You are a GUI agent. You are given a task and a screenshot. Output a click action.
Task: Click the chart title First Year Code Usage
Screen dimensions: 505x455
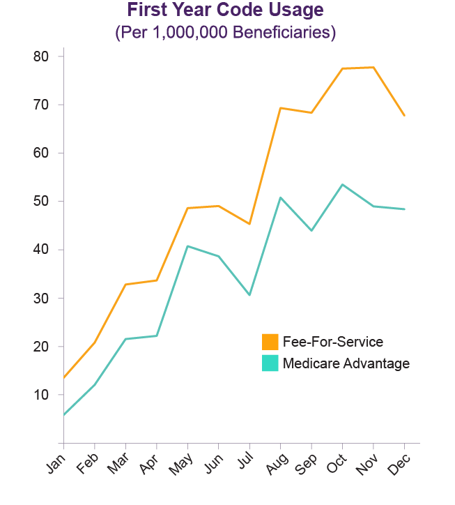click(x=225, y=11)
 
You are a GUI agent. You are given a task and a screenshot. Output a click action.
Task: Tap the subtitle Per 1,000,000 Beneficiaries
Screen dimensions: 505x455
click(x=225, y=33)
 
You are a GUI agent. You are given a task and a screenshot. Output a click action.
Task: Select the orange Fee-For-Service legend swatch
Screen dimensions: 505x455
click(x=270, y=342)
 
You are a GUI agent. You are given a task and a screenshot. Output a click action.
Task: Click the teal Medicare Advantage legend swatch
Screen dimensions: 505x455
click(x=270, y=363)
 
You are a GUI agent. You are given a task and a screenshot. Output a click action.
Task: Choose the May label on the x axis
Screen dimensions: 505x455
click(x=183, y=465)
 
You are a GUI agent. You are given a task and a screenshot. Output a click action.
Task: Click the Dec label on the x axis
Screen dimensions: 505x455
click(x=400, y=464)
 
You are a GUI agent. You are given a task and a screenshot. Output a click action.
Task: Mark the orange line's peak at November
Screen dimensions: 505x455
click(x=373, y=67)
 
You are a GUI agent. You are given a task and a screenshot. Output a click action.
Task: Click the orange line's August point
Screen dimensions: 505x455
click(x=280, y=107)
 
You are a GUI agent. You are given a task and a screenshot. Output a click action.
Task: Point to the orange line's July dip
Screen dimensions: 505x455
click(x=249, y=224)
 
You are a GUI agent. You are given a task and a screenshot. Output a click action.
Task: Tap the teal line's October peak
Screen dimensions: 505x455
click(x=342, y=184)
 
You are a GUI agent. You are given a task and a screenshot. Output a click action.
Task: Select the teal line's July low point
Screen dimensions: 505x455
click(x=249, y=295)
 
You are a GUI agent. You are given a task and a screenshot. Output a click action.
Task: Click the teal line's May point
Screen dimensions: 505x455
click(x=187, y=246)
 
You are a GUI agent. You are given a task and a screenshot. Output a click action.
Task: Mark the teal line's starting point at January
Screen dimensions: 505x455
click(x=63, y=415)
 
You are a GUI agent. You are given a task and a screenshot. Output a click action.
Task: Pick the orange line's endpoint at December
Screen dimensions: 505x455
click(x=404, y=116)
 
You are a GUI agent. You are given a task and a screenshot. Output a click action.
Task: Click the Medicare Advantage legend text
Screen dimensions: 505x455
click(x=346, y=363)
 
